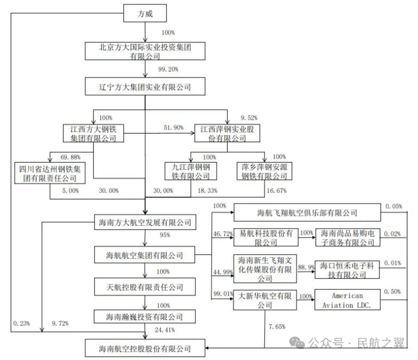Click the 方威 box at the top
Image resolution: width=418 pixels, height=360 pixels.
click(145, 14)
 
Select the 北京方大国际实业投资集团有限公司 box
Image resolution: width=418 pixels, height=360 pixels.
click(145, 51)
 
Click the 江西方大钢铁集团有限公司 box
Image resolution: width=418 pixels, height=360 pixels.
click(93, 134)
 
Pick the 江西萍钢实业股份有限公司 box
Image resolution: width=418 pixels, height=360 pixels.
click(227, 134)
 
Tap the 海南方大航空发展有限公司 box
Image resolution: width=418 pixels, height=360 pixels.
click(145, 222)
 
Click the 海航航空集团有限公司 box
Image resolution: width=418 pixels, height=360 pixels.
click(145, 256)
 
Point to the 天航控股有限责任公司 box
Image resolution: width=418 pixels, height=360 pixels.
click(145, 287)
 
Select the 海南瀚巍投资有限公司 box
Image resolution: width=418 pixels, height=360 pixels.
click(145, 317)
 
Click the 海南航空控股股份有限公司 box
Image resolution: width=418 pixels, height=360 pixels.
click(145, 348)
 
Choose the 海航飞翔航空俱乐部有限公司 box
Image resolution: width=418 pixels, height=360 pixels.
click(307, 213)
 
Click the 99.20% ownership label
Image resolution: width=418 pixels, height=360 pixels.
click(168, 69)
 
